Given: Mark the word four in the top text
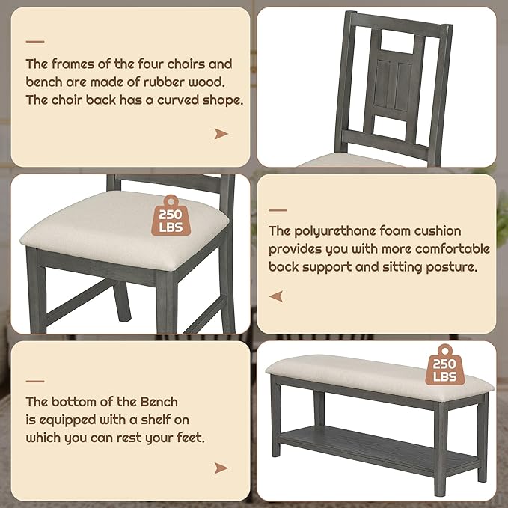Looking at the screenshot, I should (150, 64).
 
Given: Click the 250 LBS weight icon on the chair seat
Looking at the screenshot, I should (171, 217).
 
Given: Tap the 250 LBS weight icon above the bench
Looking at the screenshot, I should (445, 366).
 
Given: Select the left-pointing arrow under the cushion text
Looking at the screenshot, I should (276, 297).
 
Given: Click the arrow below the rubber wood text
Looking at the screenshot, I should (221, 134).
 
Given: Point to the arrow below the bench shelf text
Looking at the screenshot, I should (221, 468).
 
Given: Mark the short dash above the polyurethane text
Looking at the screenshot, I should (278, 210).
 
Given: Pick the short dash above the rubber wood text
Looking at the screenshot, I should (35, 42).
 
